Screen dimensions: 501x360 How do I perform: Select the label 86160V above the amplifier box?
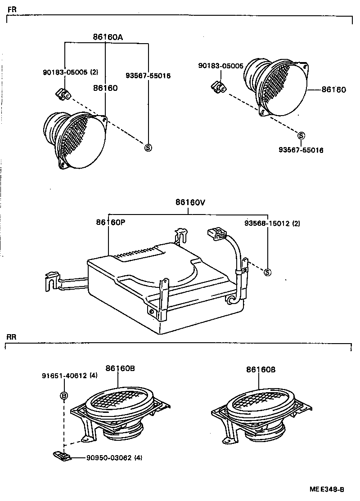tap(190, 202)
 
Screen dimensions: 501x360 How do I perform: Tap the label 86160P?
tap(110, 223)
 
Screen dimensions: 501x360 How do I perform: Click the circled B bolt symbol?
tap(64, 396)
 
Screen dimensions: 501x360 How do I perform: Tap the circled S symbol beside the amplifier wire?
tap(267, 272)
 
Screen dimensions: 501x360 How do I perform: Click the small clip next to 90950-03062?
tap(62, 456)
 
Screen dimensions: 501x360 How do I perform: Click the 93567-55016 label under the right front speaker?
tap(301, 150)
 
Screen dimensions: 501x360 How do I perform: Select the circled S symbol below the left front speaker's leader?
tap(147, 147)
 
